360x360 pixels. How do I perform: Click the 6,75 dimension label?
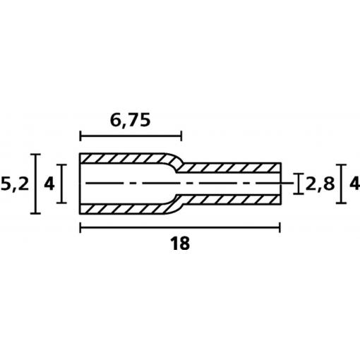130,121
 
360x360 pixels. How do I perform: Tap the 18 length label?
180,244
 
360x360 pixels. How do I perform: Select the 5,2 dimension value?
15,184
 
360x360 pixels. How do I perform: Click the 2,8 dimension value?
320,184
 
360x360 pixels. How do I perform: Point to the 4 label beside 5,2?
49,184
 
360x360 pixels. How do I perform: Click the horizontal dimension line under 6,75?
131,136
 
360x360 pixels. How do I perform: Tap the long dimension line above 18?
180,227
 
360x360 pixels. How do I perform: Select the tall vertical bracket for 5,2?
35,184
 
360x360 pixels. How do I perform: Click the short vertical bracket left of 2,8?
299,184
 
